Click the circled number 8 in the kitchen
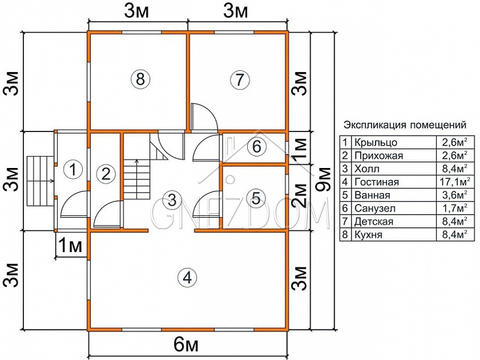coord(140,79)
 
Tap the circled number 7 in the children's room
coord(239,80)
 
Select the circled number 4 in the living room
coord(187,278)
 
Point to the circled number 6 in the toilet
coord(257,146)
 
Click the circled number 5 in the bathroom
coord(256,198)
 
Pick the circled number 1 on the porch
coord(73,169)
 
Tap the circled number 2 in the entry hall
coord(106,174)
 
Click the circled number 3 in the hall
coord(172,200)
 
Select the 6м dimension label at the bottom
coord(186,346)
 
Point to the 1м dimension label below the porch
coord(70,245)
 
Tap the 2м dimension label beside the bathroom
coord(299,196)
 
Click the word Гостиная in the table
coord(377,182)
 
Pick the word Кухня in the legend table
coord(368,235)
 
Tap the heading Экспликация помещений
coord(405,125)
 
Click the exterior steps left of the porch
coord(40,181)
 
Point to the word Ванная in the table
coord(372,195)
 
